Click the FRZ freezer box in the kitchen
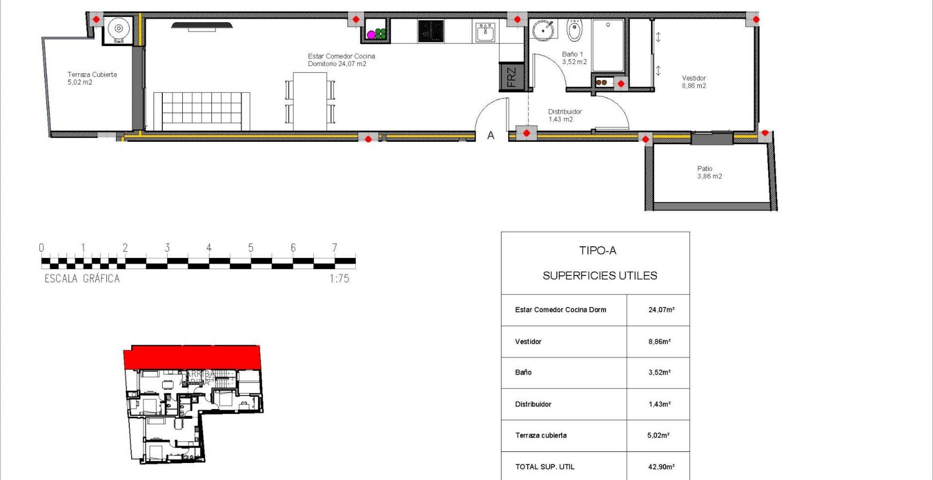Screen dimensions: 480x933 (511, 77)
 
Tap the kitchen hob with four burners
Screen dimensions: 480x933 (431, 31)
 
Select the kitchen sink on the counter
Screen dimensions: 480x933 (485, 32)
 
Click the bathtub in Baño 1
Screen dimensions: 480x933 (608, 45)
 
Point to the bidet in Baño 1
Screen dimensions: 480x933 (574, 30)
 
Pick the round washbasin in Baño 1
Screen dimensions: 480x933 (543, 30)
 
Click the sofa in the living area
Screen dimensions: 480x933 (202, 111)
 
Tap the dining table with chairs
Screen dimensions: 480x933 (310, 101)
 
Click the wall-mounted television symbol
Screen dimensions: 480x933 (202, 26)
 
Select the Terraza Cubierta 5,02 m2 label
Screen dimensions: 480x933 (92, 78)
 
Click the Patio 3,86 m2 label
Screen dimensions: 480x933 (709, 172)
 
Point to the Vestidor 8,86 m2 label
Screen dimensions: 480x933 (694, 82)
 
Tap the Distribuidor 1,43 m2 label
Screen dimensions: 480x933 (564, 115)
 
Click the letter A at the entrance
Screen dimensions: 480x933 (491, 136)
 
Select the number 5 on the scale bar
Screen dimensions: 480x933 (251, 247)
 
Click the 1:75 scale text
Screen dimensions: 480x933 (339, 279)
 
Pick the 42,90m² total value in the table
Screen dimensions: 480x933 (661, 467)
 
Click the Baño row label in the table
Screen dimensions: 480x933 (523, 372)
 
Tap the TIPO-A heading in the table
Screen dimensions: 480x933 (598, 251)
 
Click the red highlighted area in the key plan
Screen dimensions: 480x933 (192, 357)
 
